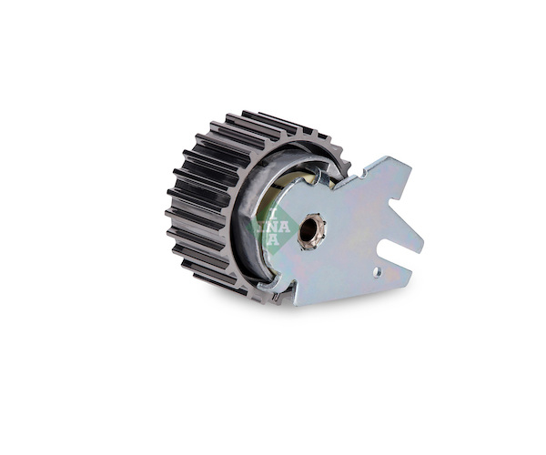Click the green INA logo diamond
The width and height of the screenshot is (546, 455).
point(273,227)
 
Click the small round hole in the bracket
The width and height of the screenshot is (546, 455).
point(377,271)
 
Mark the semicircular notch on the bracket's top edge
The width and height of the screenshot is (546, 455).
point(365,172)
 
